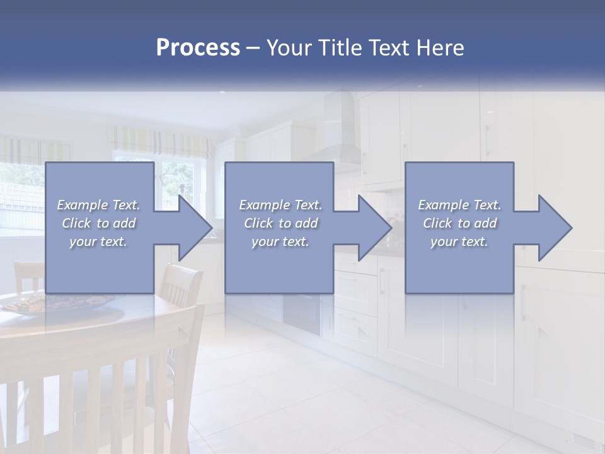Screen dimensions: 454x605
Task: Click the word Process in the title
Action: pos(198,47)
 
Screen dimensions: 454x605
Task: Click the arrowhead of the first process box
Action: pos(195,228)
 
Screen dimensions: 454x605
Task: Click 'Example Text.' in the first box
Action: pos(98,205)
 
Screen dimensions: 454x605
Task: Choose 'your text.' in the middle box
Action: pos(280,242)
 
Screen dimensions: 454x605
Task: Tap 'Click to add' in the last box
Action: pos(459,223)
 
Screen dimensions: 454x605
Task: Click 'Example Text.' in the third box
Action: pos(459,205)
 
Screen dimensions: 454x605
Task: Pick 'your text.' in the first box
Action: pos(98,242)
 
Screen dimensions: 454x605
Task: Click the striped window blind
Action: pos(160,142)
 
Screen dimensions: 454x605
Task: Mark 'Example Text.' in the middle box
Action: pos(280,205)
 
